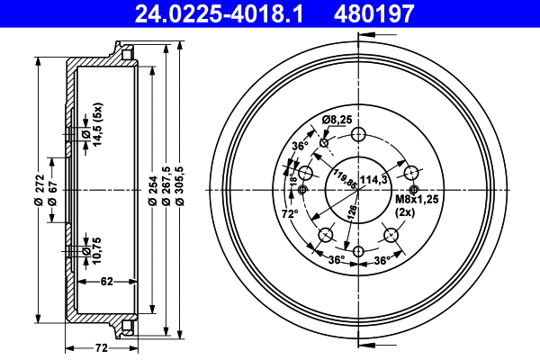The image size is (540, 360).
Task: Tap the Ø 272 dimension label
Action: tap(40, 189)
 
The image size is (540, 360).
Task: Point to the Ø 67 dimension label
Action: tap(54, 189)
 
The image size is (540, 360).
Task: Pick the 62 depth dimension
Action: tap(106, 283)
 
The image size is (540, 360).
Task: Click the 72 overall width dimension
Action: tap(101, 347)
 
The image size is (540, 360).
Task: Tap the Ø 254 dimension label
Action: tap(152, 189)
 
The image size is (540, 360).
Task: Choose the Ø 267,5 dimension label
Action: tap(166, 189)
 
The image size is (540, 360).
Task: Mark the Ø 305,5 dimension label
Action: tap(181, 189)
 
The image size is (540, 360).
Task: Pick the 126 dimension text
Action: tap(354, 212)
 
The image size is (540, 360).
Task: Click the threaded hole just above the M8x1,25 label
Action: tap(414, 190)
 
